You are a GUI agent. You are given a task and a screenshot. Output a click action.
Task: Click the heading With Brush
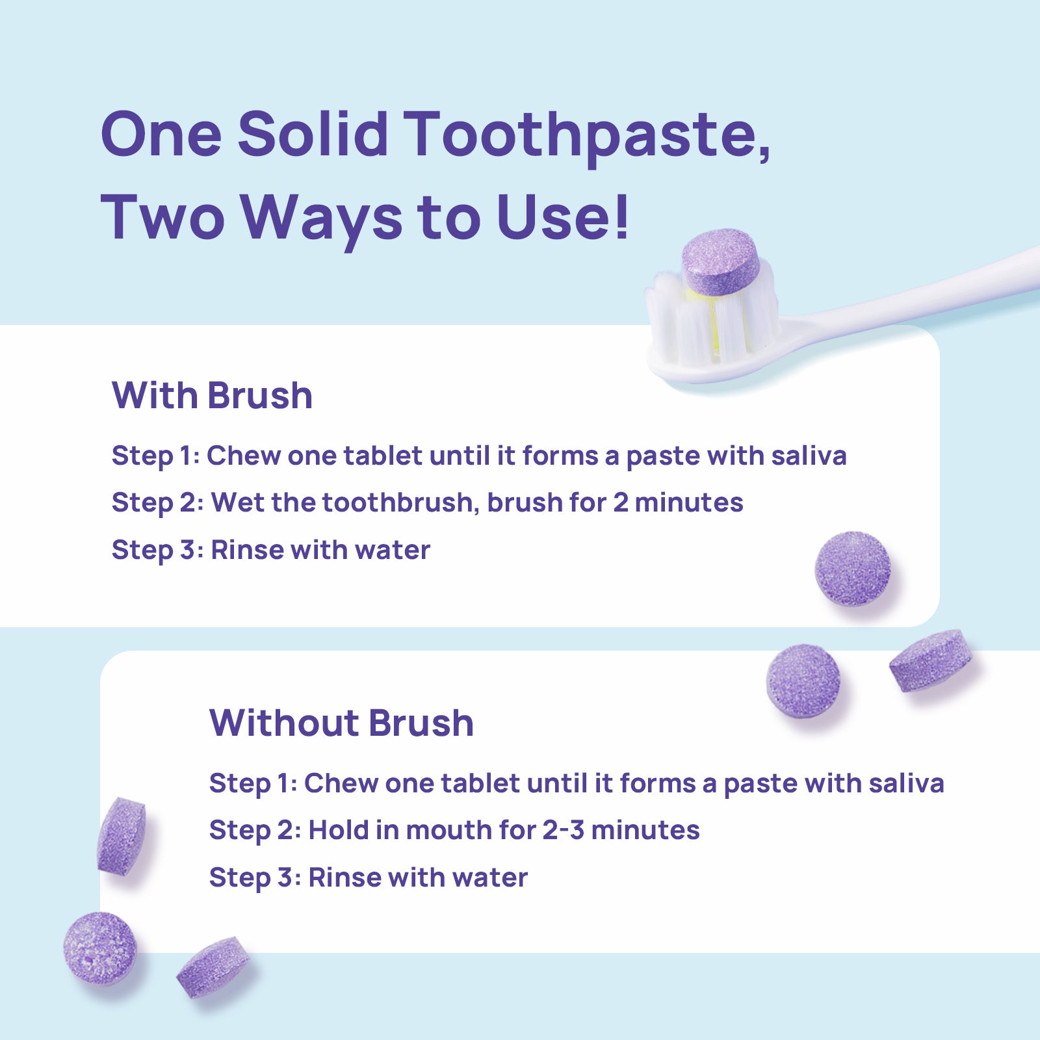tap(212, 395)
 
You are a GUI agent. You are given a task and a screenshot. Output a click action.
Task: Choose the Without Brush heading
tap(341, 723)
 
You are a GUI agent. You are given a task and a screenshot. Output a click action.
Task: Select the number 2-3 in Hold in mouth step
tap(564, 830)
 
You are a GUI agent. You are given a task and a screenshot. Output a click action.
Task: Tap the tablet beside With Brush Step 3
tap(853, 569)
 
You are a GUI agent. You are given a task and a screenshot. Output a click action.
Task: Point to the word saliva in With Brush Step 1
tap(809, 456)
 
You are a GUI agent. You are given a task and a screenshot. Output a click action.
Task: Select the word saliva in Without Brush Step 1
tap(906, 783)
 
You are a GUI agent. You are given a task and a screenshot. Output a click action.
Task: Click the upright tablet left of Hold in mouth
tap(121, 836)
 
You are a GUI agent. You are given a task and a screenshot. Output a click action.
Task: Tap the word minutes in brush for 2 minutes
tap(689, 502)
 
